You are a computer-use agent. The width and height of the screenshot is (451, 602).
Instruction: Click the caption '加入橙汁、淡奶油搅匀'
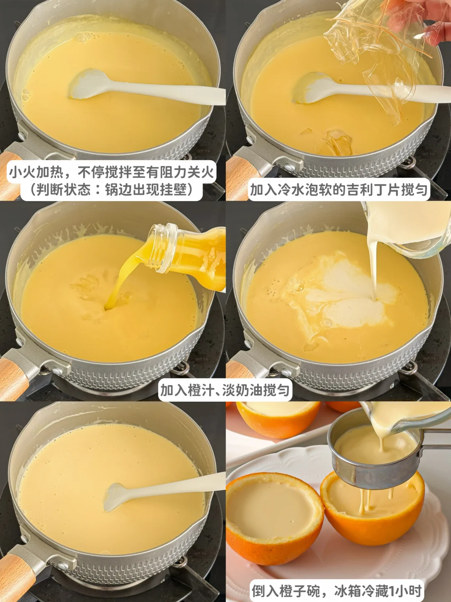tap(225, 390)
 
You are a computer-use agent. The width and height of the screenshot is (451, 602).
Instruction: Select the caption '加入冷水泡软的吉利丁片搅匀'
tap(339, 189)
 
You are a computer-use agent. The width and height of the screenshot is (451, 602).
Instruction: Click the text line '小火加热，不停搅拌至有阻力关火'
tap(111, 173)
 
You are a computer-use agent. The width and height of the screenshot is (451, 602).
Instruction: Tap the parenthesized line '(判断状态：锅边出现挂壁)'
tap(111, 190)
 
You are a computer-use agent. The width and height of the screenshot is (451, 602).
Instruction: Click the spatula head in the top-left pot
tap(88, 84)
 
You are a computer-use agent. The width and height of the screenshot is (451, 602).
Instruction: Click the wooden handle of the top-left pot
tap(11, 176)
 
